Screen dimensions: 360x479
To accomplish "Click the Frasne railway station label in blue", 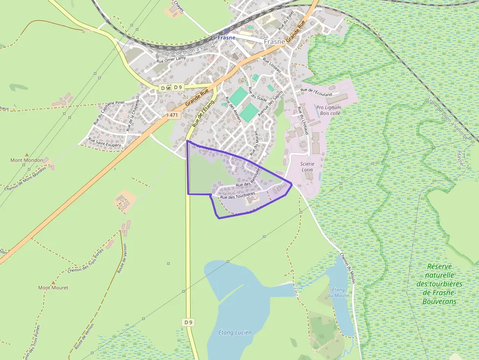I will point(226,38).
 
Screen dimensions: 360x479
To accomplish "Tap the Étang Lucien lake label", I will point(236,333).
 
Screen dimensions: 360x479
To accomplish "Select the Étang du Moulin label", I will point(338,293).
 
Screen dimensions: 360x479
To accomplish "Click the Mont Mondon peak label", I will point(26,160).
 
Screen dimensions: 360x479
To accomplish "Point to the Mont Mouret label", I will point(53,288).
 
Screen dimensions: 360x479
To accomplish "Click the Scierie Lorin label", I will point(307,167).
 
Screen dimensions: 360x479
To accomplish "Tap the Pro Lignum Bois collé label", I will point(328,110).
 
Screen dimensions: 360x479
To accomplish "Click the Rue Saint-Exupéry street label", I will point(105,142).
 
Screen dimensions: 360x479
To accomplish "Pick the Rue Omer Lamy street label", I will point(171,60).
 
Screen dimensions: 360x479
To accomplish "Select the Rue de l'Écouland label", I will point(316,92).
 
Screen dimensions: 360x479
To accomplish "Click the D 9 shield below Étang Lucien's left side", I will point(189,322).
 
